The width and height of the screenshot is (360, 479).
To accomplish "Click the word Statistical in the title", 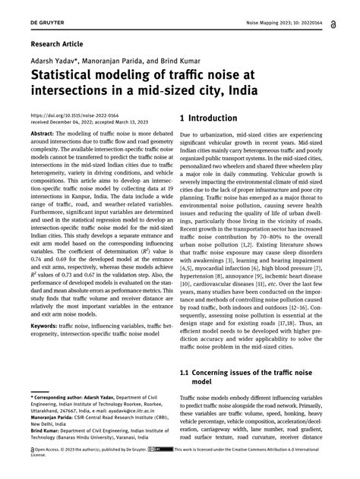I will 68,77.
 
